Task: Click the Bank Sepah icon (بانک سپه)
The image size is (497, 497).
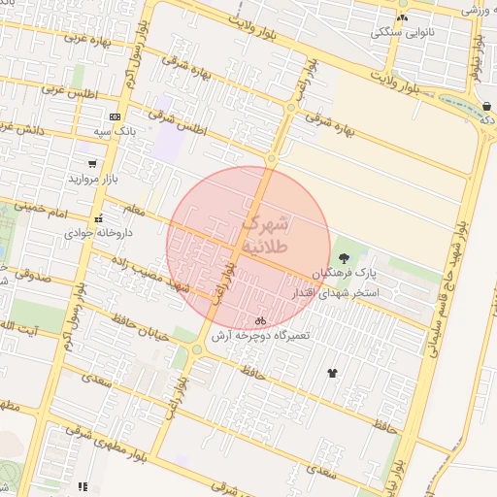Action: pos(115,116)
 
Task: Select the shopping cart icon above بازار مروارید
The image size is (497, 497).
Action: pos(92,164)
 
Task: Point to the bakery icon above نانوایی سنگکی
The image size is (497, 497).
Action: pos(402,17)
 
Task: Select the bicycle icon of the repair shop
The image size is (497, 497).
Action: pos(260,319)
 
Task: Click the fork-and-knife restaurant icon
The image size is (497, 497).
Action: pos(83,485)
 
